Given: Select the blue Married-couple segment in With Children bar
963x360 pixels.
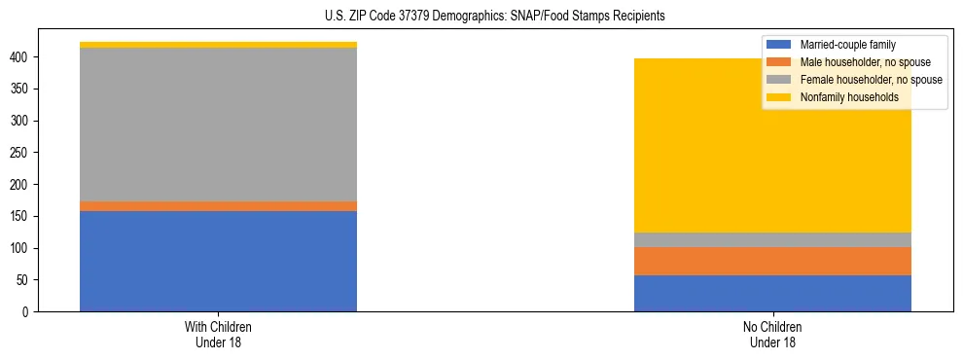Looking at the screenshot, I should click(218, 261).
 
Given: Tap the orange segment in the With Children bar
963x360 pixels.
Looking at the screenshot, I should click(218, 206).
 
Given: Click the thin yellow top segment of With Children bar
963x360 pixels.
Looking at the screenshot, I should click(218, 45).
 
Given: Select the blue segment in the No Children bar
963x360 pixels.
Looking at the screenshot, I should click(772, 293).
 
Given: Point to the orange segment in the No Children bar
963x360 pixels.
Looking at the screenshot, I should click(772, 261).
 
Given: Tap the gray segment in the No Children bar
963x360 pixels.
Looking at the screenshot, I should click(772, 239).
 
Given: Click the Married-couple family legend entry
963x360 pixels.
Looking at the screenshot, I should click(847, 45).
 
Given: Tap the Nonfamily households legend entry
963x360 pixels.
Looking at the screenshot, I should click(848, 97).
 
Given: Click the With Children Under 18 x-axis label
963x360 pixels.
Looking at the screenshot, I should click(218, 334).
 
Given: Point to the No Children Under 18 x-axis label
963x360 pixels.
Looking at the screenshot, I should click(772, 334).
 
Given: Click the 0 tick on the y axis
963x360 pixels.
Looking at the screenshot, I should click(28, 312).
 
